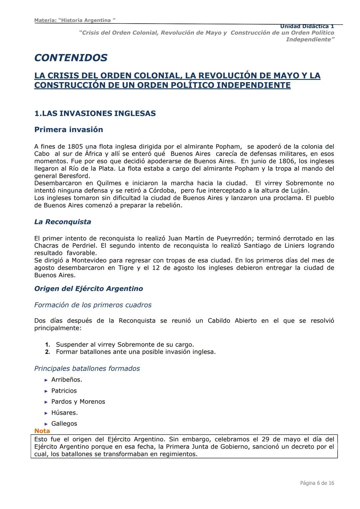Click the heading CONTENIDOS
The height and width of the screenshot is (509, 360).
click(71, 58)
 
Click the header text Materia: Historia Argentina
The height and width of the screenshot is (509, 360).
click(75, 20)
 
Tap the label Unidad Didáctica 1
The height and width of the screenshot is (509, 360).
click(307, 26)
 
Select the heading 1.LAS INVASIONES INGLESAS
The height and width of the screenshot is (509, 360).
click(95, 113)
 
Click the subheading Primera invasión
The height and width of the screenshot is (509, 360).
click(69, 129)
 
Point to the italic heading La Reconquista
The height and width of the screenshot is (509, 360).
click(63, 222)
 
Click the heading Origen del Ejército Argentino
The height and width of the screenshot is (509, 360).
click(89, 289)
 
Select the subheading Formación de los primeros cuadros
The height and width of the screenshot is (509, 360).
click(93, 305)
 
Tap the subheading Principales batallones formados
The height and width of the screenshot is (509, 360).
click(87, 368)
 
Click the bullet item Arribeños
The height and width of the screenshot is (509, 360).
click(67, 380)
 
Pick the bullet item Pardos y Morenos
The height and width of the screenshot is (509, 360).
click(78, 402)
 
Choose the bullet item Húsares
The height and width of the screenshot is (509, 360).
click(64, 413)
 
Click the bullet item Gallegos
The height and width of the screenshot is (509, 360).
click(64, 424)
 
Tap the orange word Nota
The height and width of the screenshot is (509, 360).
click(42, 431)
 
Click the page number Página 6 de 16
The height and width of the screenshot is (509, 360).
click(317, 483)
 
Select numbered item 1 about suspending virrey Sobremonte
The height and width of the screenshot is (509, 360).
click(125, 345)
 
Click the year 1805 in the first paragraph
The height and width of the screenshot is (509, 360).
click(75, 147)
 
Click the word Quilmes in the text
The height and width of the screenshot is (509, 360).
click(109, 183)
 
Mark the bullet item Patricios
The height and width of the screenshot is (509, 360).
click(64, 391)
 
